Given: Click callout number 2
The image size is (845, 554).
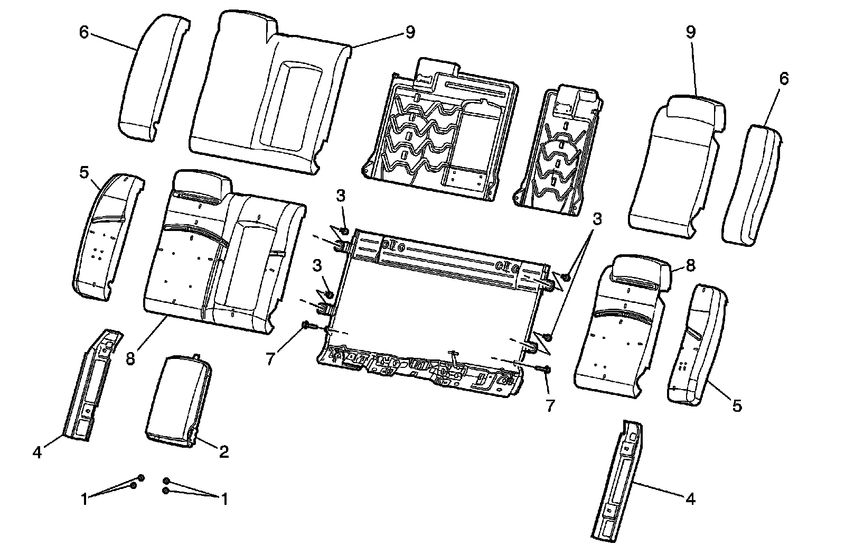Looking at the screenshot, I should click(x=223, y=452).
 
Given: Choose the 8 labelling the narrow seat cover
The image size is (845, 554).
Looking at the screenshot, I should click(x=691, y=265).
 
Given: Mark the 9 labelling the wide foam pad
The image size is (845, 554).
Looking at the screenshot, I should click(x=410, y=32).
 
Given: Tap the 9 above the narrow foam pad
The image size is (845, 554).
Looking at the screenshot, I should click(x=691, y=32).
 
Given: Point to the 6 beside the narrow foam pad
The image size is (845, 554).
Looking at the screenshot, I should click(x=783, y=79).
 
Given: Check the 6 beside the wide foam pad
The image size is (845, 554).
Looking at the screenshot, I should click(x=84, y=32).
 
